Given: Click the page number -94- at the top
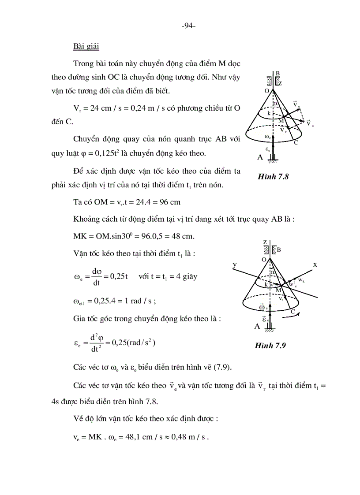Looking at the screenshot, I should tap(188, 26).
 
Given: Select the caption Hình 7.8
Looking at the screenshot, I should tap(272, 177).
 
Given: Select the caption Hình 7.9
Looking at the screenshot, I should tap(270, 346).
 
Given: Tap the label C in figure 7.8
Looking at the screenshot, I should tap(296, 142).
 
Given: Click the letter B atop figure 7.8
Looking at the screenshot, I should tap(277, 73).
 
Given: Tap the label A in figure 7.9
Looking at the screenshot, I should tap(257, 327).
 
